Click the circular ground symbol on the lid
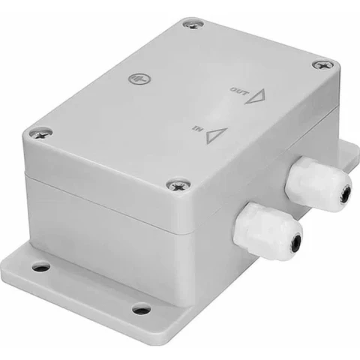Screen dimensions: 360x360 140,79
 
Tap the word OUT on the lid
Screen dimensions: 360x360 239,91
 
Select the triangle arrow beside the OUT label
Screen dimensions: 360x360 256,96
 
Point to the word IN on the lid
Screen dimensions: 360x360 198,129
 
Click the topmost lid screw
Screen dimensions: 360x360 193,24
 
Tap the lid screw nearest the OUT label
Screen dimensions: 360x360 323,65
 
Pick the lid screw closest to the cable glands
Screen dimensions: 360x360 178,185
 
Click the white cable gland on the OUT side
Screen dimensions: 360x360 319,184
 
